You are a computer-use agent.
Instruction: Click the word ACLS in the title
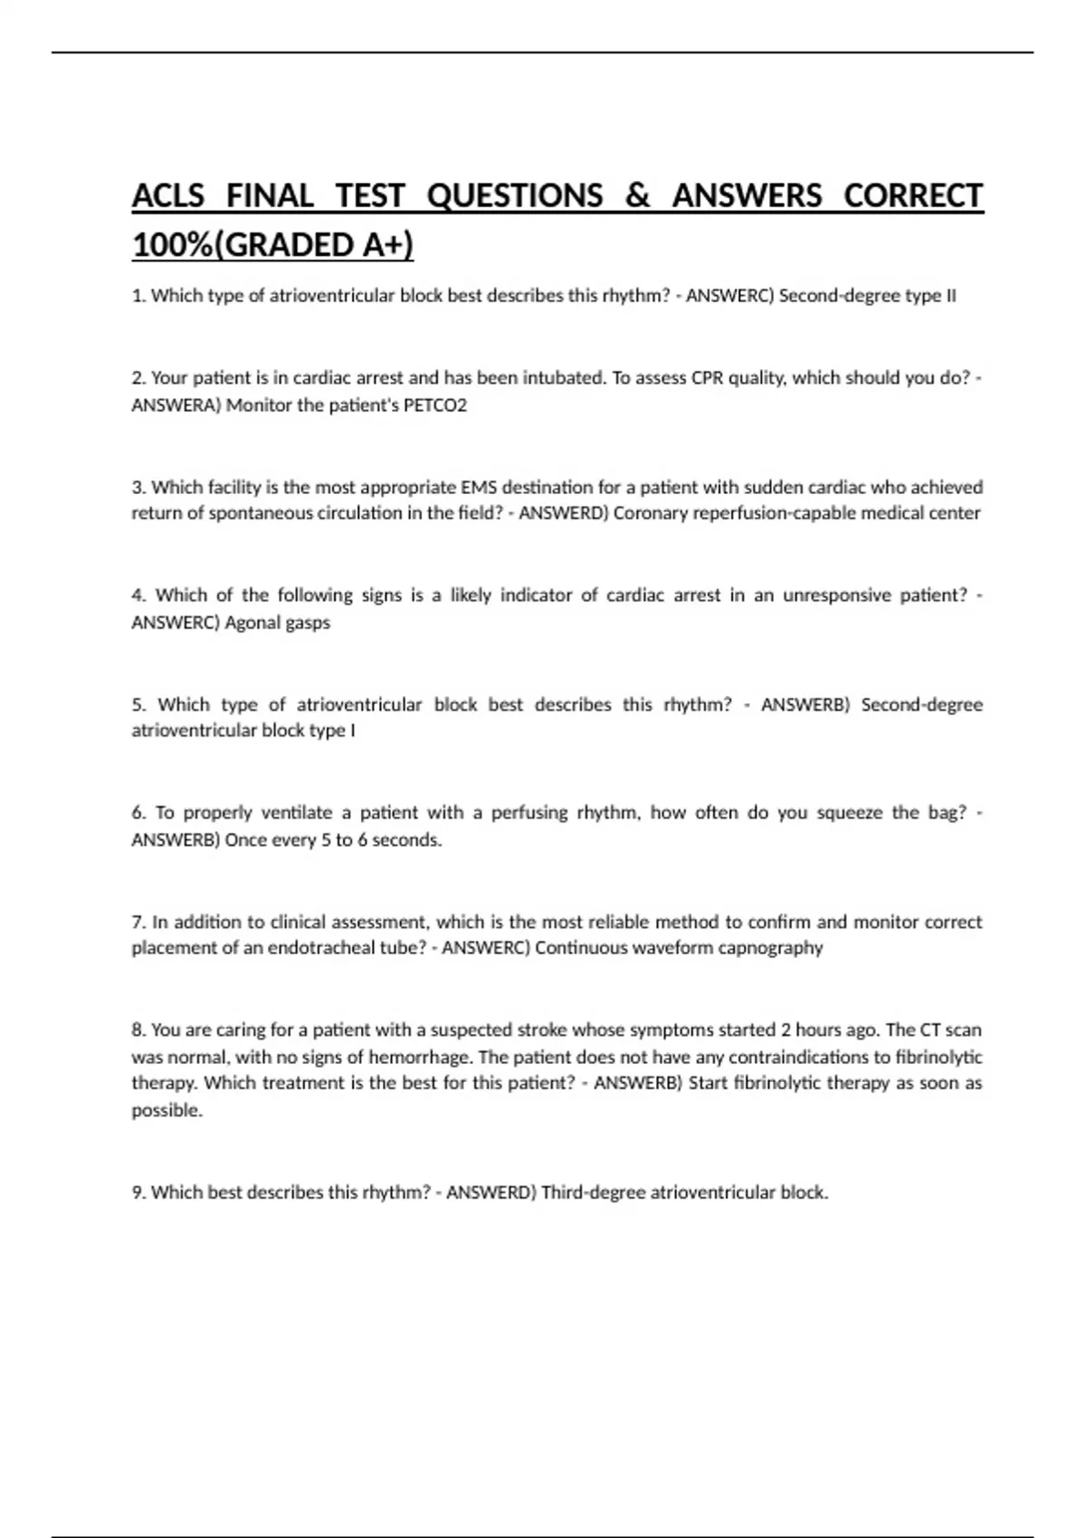tap(168, 195)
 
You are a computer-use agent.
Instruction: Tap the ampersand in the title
tap(637, 195)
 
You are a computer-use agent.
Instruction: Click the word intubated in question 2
tap(561, 378)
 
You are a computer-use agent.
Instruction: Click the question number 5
tap(138, 705)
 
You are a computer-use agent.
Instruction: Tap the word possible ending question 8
tap(167, 1111)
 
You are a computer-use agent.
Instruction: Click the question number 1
tap(138, 296)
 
